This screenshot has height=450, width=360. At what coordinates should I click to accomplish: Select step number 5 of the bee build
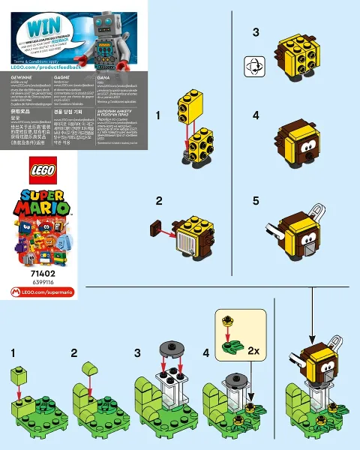click(x=256, y=201)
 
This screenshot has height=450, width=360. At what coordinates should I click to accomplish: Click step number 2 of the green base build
click(x=74, y=352)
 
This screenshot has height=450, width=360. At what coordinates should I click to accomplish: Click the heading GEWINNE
click(x=16, y=76)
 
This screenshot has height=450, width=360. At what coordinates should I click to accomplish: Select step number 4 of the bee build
click(x=256, y=116)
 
